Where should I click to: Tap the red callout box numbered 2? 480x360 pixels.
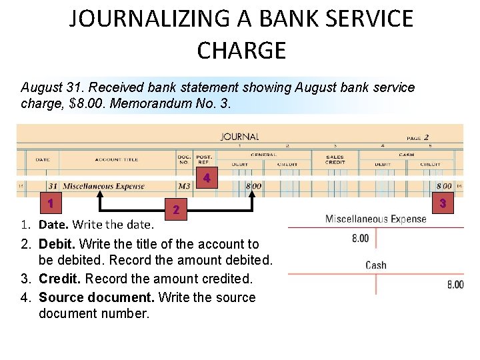[175, 209]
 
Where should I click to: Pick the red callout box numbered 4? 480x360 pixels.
[207, 178]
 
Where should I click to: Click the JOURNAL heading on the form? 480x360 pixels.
[239, 137]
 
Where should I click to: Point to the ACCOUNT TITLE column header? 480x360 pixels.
[117, 159]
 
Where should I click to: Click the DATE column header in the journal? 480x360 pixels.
[42, 159]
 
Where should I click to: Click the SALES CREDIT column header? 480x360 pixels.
[335, 160]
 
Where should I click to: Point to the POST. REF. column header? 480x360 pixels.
[204, 160]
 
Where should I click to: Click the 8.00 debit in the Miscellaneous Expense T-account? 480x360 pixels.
[360, 238]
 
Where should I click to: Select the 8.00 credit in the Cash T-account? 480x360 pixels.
[455, 285]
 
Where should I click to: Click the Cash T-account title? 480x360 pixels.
[376, 265]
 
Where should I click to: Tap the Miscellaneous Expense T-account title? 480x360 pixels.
[375, 219]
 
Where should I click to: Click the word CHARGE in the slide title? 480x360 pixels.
[241, 50]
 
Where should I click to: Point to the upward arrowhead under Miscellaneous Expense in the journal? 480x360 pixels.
[101, 195]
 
